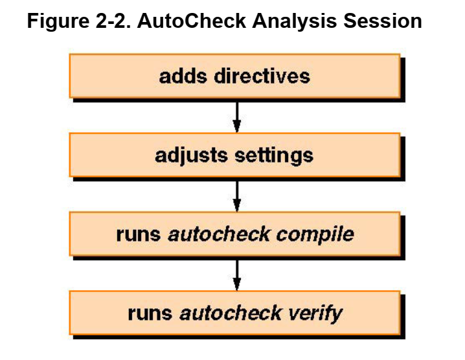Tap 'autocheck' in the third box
click(x=218, y=234)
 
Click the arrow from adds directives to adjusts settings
click(x=237, y=115)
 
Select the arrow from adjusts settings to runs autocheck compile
click(x=237, y=195)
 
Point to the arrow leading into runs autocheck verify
click(x=237, y=274)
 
